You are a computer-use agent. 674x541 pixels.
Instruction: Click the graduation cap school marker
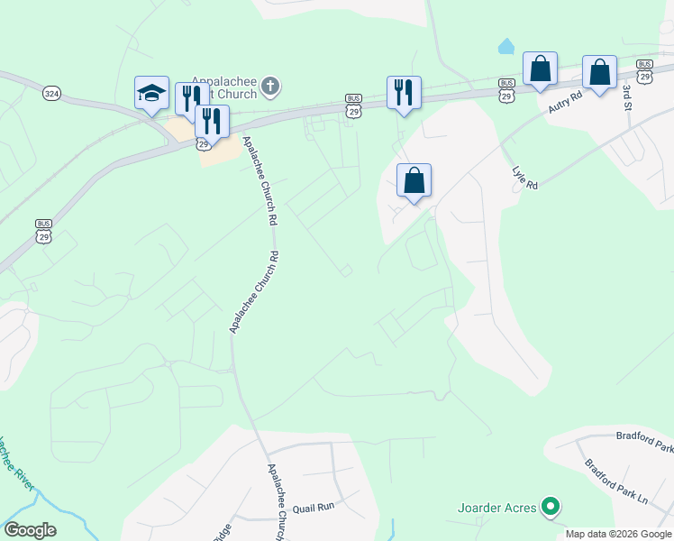click(151, 91)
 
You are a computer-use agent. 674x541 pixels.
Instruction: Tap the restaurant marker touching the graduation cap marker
click(190, 97)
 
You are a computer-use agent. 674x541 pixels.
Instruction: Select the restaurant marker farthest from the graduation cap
click(404, 92)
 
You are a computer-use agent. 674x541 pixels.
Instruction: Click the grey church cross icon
click(270, 87)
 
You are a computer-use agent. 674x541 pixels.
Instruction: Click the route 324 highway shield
click(52, 93)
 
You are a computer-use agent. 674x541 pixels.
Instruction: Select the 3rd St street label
click(626, 96)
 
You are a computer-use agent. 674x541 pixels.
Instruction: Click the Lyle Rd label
click(524, 178)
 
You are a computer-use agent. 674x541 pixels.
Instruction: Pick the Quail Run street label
click(313, 507)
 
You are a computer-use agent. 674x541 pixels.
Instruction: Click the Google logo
click(30, 530)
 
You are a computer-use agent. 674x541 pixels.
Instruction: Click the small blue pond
click(506, 45)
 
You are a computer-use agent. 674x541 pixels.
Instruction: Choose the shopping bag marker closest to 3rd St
click(599, 72)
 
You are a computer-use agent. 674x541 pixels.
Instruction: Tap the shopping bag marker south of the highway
click(414, 180)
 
